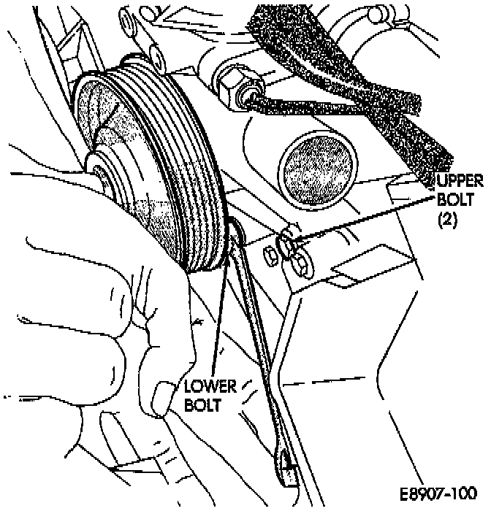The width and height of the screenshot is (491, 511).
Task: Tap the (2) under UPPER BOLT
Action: (x=446, y=218)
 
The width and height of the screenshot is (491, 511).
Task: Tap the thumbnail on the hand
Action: (x=161, y=399)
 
